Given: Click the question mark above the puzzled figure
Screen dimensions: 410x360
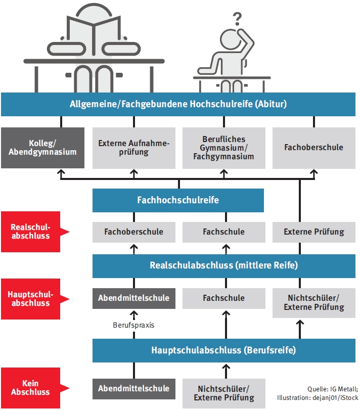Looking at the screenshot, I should click(x=237, y=19).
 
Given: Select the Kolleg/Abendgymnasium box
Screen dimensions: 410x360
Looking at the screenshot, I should click(x=46, y=148).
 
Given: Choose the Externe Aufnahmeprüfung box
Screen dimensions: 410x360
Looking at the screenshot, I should click(x=134, y=148).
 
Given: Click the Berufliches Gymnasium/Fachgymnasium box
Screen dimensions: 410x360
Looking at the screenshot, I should click(x=223, y=148).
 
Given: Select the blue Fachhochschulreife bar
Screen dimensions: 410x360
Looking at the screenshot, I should click(x=178, y=200).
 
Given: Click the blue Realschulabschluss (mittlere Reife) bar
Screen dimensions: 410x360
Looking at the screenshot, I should click(x=223, y=265).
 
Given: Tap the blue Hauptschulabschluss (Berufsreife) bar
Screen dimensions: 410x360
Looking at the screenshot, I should click(x=223, y=350).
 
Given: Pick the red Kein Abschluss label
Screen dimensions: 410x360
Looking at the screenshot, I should click(x=30, y=388).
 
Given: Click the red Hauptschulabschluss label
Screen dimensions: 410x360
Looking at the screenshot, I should click(x=30, y=299).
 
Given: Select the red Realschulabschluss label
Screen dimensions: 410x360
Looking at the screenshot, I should click(x=30, y=232).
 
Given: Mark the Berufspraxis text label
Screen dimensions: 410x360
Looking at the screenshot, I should click(x=133, y=325).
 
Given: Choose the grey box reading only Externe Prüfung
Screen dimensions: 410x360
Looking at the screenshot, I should click(x=313, y=232).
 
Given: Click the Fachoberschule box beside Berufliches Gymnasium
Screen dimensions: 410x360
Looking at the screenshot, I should click(x=313, y=148).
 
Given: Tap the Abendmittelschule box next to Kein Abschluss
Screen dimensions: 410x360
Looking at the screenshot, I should click(x=133, y=388).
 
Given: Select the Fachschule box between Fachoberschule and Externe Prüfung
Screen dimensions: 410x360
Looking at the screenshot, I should click(x=223, y=232).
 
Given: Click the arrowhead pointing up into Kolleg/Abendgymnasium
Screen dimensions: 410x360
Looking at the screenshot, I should click(x=61, y=173).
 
